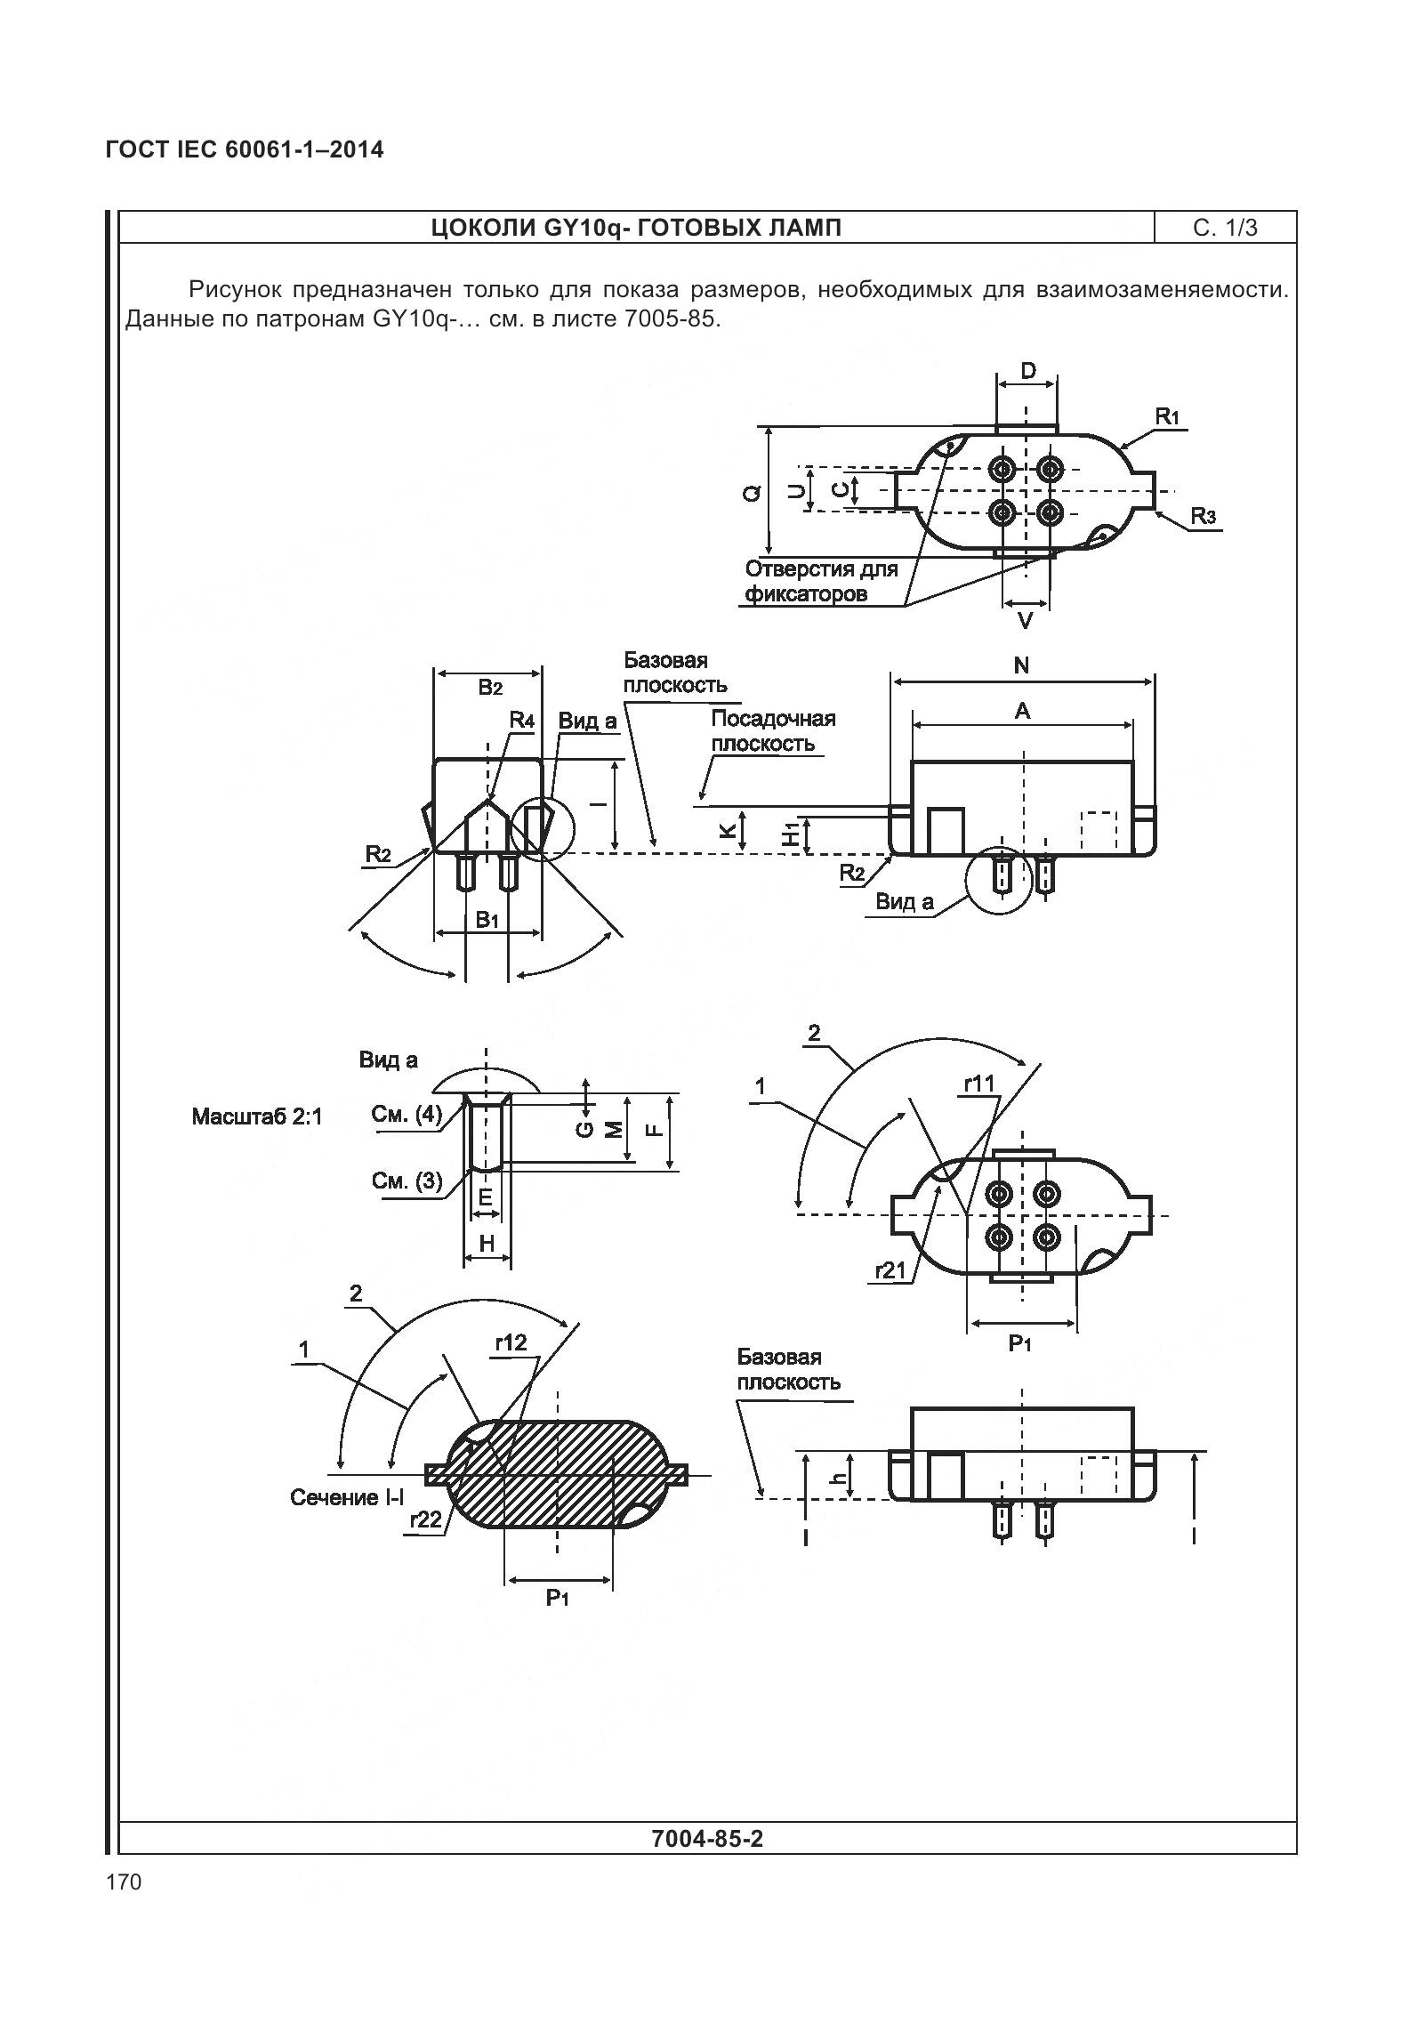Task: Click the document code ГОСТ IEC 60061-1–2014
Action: click(x=245, y=149)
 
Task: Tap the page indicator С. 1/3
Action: click(x=1225, y=229)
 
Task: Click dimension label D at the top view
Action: click(x=1027, y=370)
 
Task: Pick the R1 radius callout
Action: click(x=1167, y=415)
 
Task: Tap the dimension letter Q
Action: click(x=753, y=492)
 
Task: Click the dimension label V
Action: click(x=1025, y=620)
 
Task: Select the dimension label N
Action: click(x=1021, y=665)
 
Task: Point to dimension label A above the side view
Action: click(x=1022, y=710)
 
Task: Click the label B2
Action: click(x=490, y=687)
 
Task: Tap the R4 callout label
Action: click(x=521, y=720)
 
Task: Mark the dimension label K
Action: click(x=727, y=830)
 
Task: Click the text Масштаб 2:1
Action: click(x=256, y=1116)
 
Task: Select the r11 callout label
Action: click(x=979, y=1083)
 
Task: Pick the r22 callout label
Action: click(x=426, y=1520)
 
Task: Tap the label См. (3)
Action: click(x=407, y=1181)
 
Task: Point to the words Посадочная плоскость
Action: click(x=772, y=731)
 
